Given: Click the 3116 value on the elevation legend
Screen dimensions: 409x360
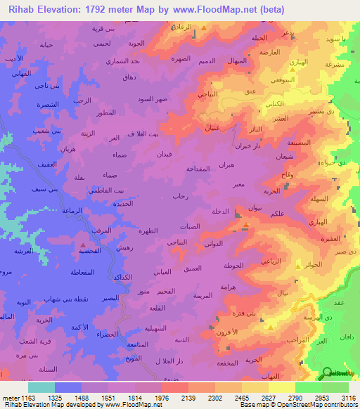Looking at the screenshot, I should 348,397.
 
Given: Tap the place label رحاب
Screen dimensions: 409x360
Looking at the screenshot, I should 180,197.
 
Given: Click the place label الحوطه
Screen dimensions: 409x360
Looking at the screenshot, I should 233,265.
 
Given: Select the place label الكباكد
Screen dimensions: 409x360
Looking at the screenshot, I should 124,278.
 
